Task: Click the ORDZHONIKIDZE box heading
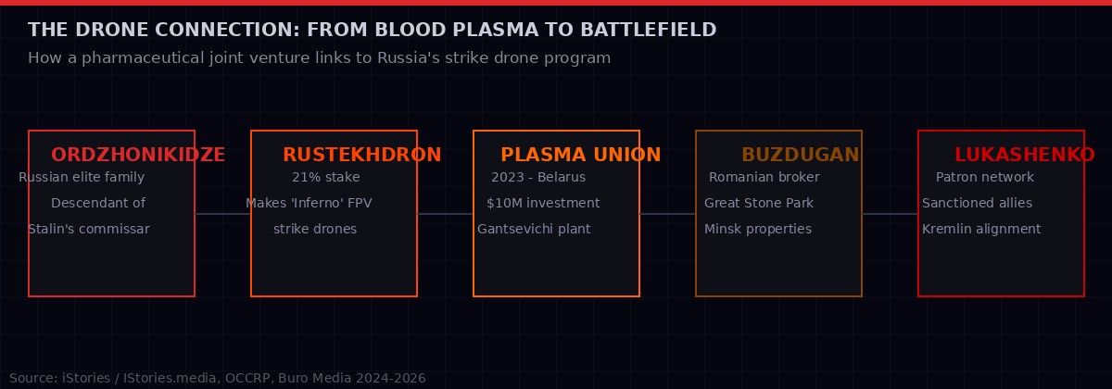tap(138, 155)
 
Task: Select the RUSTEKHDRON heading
tap(361, 155)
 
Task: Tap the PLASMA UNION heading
tap(580, 155)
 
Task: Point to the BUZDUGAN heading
tap(800, 155)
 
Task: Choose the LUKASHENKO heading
tap(1024, 155)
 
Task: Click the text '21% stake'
tap(325, 177)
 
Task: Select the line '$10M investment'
tap(543, 203)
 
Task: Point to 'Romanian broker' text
tap(764, 177)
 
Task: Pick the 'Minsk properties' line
tap(757, 229)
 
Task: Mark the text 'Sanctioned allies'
tap(977, 203)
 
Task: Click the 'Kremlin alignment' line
tap(980, 229)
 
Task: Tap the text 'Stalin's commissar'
tap(89, 229)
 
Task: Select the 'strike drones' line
tap(315, 229)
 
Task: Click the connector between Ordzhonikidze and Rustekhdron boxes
tap(222, 214)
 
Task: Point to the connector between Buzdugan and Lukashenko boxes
tap(890, 214)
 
